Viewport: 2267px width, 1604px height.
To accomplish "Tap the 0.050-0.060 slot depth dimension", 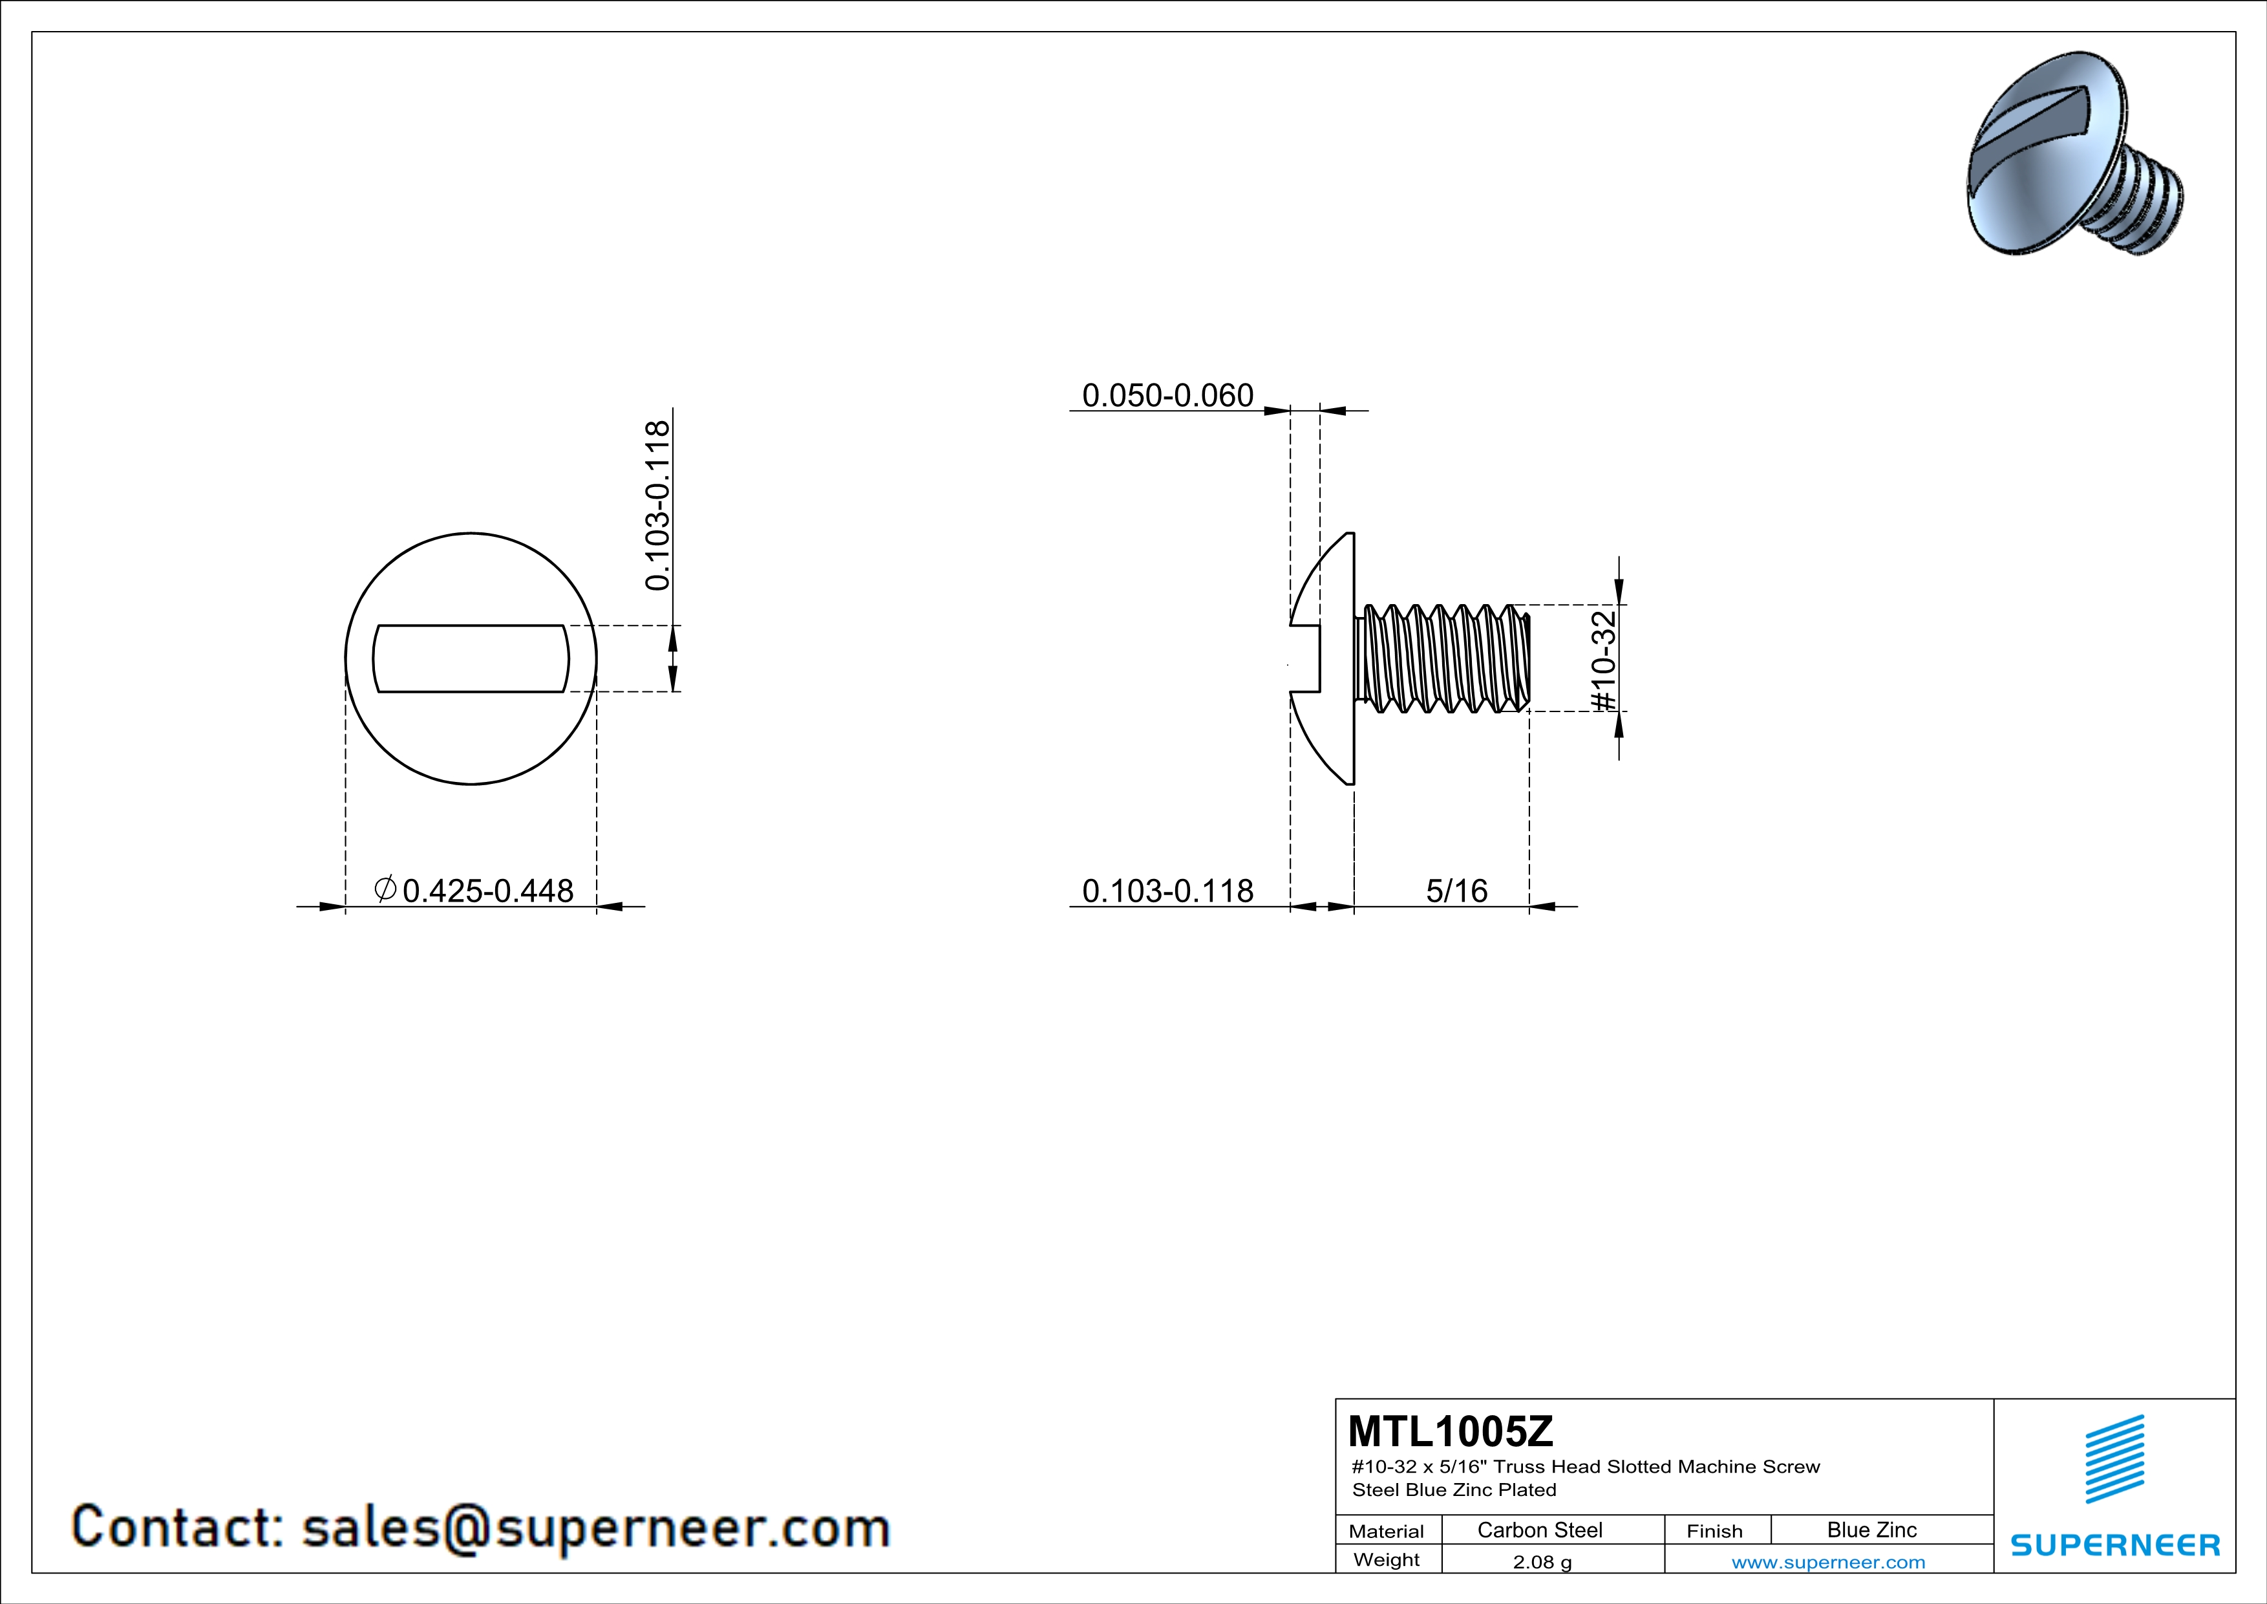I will pyautogui.click(x=1167, y=396).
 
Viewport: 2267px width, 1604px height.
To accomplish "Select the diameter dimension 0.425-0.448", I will pyautogui.click(x=474, y=891).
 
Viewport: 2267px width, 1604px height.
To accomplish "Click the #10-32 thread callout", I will pyautogui.click(x=1604, y=660).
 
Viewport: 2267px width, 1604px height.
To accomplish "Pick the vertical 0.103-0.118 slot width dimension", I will pyautogui.click(x=657, y=506).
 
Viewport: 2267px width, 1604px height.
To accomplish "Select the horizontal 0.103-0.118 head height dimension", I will pyautogui.click(x=1167, y=891).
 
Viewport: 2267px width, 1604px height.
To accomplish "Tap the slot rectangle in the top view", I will pyautogui.click(x=471, y=659).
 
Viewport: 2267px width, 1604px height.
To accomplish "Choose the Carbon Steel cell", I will pyautogui.click(x=1539, y=1530).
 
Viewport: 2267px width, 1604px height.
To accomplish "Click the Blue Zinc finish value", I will pyautogui.click(x=1871, y=1530).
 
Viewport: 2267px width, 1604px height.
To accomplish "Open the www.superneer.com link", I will pyautogui.click(x=1827, y=1561).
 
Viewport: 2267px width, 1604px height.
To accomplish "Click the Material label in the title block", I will pyautogui.click(x=1387, y=1531).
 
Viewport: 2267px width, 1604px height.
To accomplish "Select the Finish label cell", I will pyautogui.click(x=1714, y=1531).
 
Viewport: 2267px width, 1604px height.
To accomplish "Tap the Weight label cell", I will pyautogui.click(x=1387, y=1559).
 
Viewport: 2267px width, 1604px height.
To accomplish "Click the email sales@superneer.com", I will pyautogui.click(x=595, y=1527).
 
